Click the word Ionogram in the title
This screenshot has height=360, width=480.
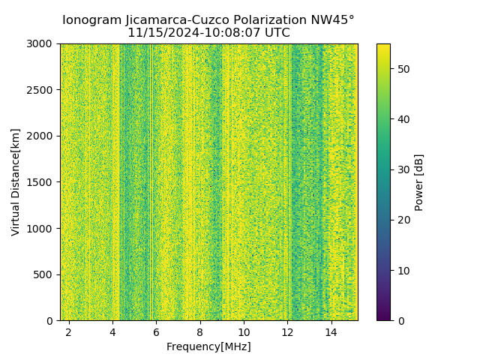(x=91, y=20)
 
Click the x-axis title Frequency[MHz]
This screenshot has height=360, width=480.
(x=208, y=346)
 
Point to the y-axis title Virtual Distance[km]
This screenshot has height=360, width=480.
(x=16, y=181)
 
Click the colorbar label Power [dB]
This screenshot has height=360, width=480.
(x=419, y=182)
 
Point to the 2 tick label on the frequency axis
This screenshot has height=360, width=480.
(x=68, y=331)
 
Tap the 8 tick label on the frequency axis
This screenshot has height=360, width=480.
(x=199, y=331)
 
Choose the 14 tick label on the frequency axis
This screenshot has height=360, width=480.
(x=331, y=331)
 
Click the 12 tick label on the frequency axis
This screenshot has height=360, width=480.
(x=287, y=331)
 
